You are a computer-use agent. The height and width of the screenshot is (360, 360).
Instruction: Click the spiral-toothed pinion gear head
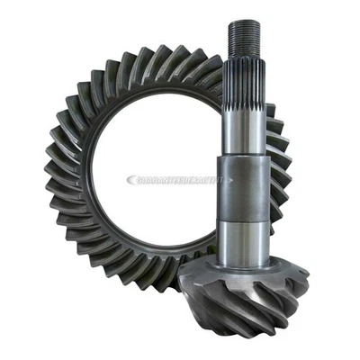coord(243,297)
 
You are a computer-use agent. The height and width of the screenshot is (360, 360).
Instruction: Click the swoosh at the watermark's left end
coord(132,180)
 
